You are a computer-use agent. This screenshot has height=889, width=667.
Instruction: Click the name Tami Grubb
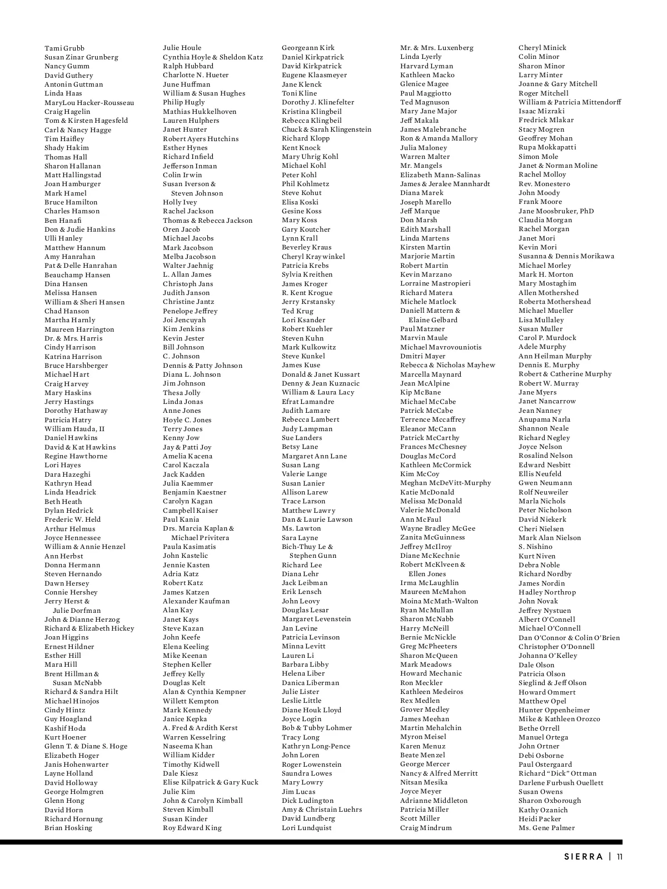point(64,48)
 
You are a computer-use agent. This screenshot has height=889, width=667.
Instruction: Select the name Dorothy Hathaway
point(76,411)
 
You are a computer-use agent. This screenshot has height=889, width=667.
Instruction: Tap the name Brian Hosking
point(68,828)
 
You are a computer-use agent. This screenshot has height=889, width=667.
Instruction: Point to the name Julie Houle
point(182,48)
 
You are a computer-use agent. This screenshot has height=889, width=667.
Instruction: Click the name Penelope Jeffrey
point(190,311)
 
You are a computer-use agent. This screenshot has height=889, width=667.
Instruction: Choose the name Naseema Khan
point(188,746)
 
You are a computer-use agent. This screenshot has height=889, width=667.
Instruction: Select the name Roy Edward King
point(192,828)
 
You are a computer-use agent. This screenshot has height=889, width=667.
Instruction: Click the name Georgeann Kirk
point(308,48)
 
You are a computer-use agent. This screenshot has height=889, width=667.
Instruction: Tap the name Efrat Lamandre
point(308,402)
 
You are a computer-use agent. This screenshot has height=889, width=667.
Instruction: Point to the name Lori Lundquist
point(307,828)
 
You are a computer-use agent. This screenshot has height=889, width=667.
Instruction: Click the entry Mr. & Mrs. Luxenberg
point(437,48)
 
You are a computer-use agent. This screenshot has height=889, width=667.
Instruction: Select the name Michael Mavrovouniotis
point(441,347)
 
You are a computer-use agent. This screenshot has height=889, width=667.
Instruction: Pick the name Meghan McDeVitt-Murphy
point(446,483)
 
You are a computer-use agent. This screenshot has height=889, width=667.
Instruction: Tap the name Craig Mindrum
point(426,828)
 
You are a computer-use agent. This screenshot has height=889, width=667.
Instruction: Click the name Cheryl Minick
point(542,48)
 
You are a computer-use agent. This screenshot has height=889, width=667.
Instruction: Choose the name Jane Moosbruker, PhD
point(556,211)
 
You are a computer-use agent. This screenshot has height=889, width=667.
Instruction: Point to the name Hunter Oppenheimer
point(554,710)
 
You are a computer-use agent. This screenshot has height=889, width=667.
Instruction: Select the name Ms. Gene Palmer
point(547,828)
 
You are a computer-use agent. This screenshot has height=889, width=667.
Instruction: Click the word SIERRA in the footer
point(584,857)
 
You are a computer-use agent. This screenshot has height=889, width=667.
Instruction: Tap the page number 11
point(620,857)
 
